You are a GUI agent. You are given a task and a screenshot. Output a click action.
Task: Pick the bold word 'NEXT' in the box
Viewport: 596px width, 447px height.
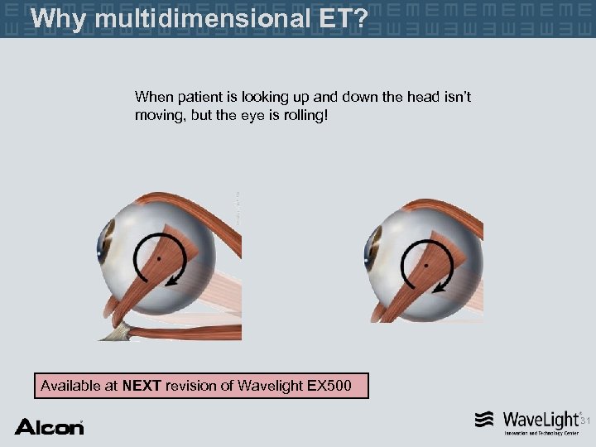[142, 385]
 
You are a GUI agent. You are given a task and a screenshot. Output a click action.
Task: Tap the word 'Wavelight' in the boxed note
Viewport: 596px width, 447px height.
[268, 385]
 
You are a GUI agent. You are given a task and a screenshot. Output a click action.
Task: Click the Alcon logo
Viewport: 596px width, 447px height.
[49, 427]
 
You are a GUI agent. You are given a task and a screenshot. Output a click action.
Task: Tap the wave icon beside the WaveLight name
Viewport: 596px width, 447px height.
[485, 419]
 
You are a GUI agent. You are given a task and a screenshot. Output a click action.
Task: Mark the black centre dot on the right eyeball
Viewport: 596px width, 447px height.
[425, 267]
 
